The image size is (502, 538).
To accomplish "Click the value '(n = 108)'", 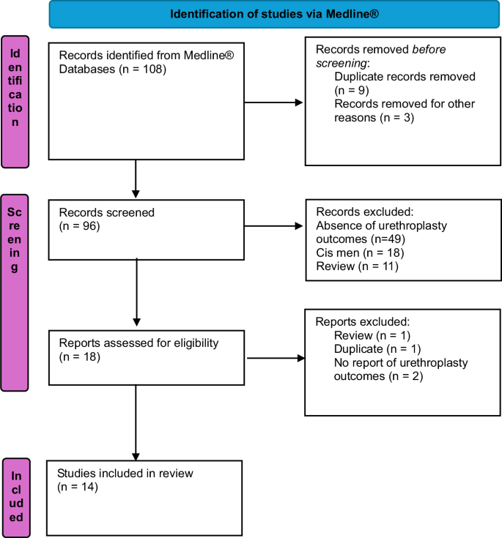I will [x=143, y=70].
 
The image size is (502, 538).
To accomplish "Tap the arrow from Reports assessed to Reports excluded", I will [x=276, y=359].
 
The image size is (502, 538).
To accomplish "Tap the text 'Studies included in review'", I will [x=125, y=474].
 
